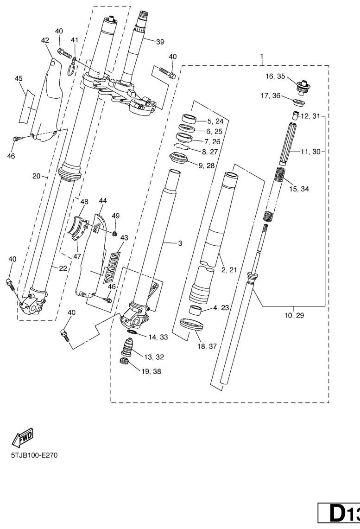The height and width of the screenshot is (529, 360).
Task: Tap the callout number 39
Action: coord(160,42)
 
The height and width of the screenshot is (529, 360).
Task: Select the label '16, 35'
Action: coord(275,76)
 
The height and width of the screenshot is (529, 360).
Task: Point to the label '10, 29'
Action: coord(294,316)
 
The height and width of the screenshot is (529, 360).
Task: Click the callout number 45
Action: coord(19,79)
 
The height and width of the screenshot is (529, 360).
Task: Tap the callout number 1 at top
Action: coord(262,57)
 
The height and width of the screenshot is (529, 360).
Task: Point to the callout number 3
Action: coord(180,243)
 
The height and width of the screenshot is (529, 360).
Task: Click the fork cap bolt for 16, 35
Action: coord(303,86)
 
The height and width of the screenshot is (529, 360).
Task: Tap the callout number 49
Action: coord(115,216)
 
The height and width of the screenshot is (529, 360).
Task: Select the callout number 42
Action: coord(45,41)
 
